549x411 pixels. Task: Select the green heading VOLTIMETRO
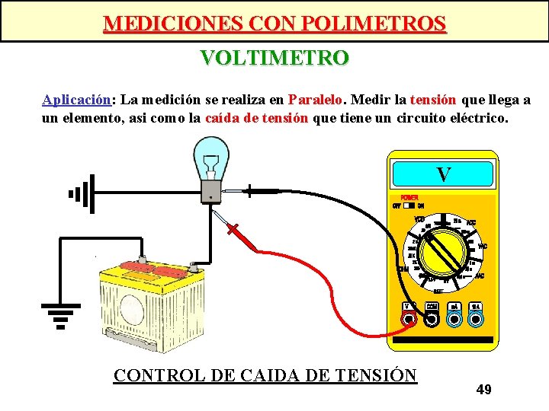(x=274, y=58)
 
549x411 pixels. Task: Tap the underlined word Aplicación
(x=77, y=100)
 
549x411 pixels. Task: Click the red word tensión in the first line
(x=433, y=100)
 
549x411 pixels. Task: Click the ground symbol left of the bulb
(x=81, y=193)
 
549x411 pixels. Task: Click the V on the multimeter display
(x=443, y=174)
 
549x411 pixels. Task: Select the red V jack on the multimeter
(x=409, y=319)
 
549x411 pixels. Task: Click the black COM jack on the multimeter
(x=432, y=319)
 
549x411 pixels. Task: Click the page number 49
(x=483, y=390)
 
